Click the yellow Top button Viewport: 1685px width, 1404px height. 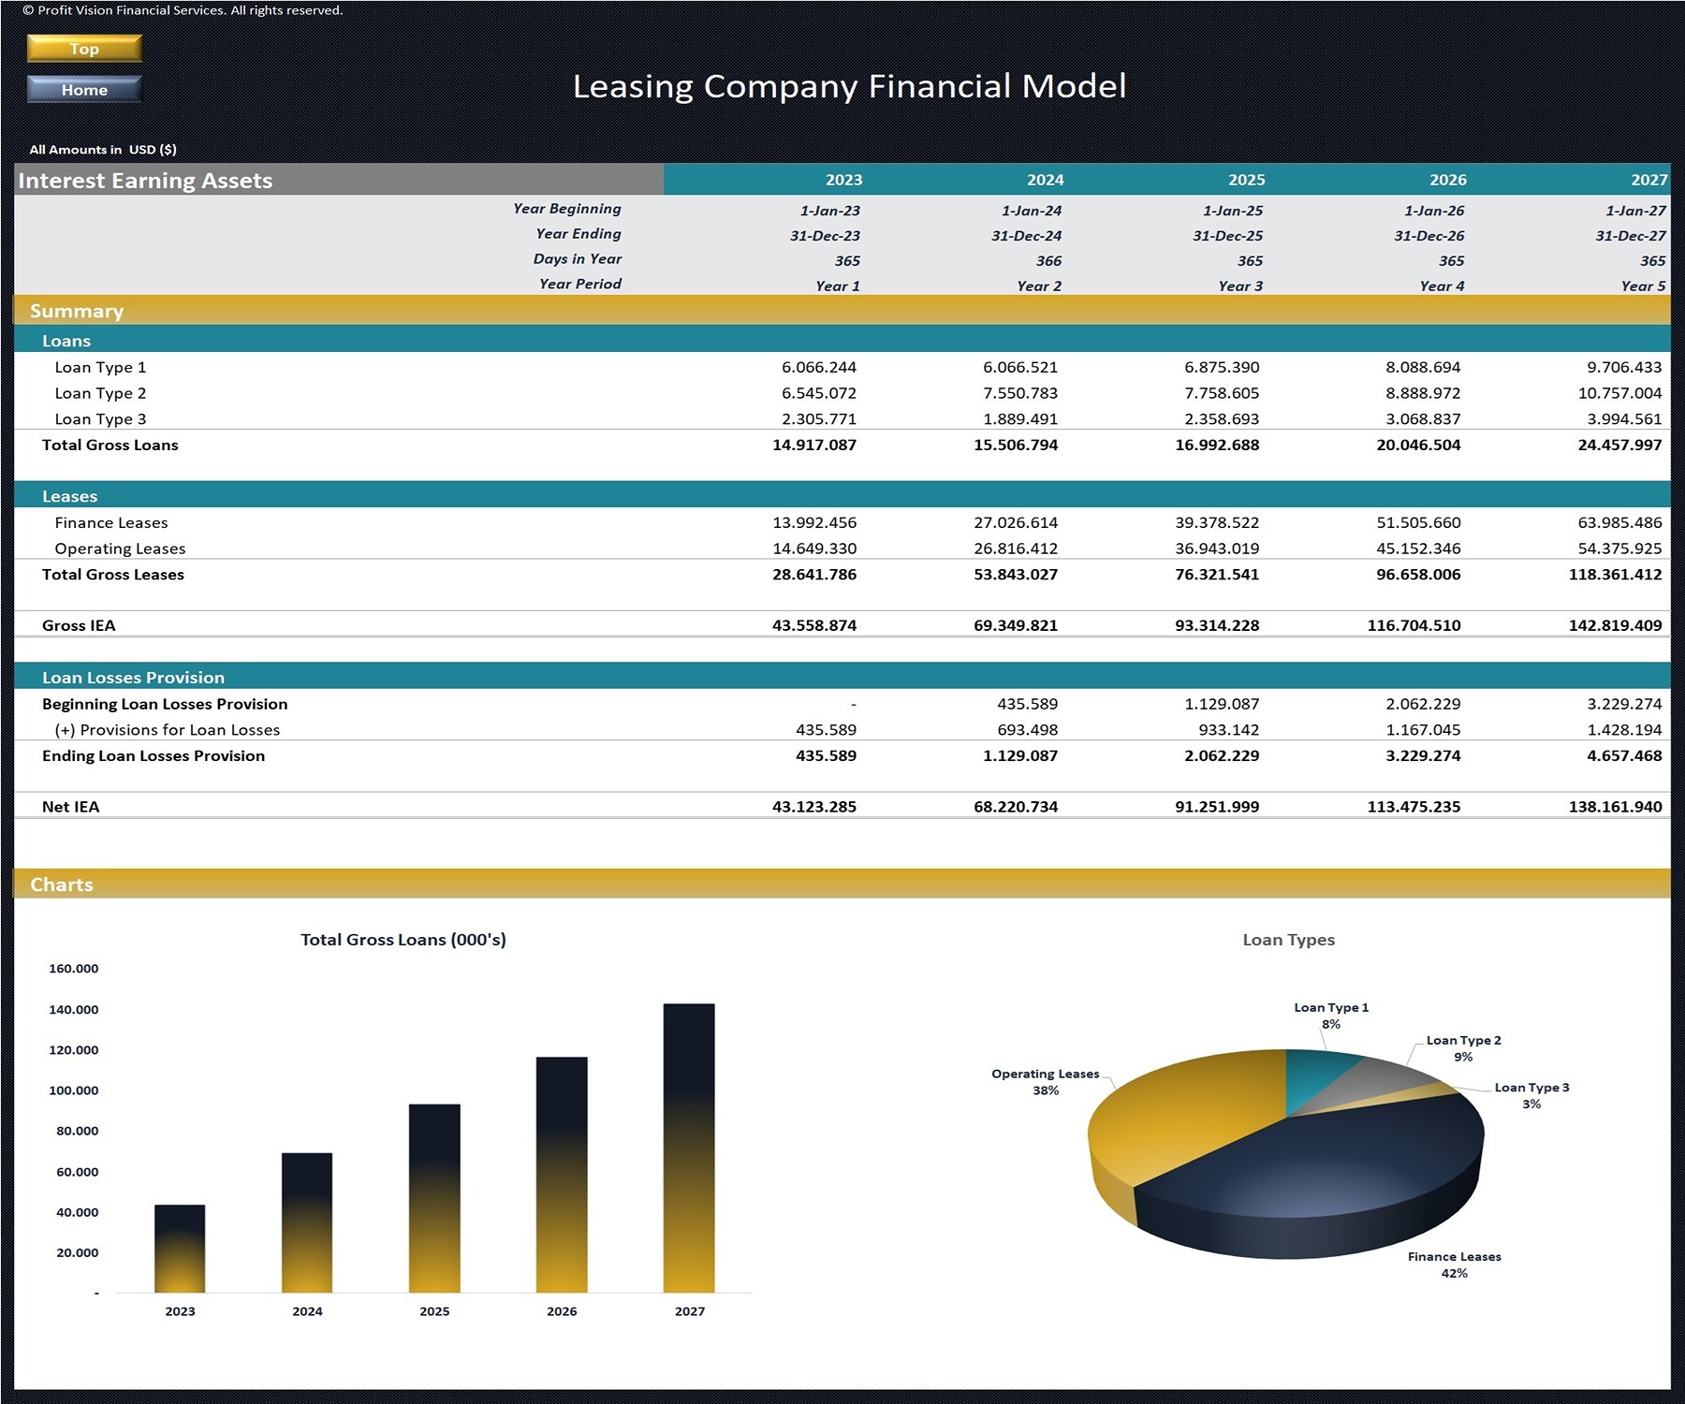pos(84,49)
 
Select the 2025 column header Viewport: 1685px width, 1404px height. pos(1246,180)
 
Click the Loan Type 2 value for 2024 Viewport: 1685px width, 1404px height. pos(1020,393)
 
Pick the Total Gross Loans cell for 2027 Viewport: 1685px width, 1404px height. pos(1619,445)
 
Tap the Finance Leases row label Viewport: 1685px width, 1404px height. pos(111,522)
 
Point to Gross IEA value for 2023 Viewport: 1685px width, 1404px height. pos(813,625)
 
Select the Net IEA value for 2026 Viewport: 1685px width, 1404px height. pos(1414,807)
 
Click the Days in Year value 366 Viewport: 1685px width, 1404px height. pos(1048,261)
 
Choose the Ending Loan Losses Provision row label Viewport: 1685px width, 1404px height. pos(154,755)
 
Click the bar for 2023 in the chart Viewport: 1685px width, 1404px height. pos(180,1250)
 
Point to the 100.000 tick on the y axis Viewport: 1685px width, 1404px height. pos(73,1090)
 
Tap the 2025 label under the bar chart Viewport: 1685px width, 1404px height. pos(434,1311)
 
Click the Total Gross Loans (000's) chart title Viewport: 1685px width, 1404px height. pos(403,940)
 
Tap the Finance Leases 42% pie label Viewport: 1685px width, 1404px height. pos(1454,1265)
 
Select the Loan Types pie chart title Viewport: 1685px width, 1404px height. pos(1288,940)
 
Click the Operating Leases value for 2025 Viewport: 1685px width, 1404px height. pos(1217,548)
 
